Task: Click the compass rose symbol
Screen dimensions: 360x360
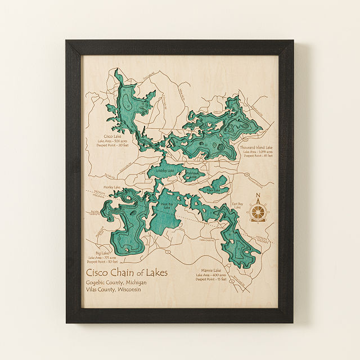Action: pos(258,211)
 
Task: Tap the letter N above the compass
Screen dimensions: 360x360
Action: pos(258,196)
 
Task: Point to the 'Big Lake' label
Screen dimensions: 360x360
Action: pos(102,253)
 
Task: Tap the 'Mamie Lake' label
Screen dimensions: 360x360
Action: pos(211,270)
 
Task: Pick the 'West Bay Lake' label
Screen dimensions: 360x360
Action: pos(165,206)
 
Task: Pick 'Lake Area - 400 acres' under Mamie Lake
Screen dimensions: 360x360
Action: pos(211,274)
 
